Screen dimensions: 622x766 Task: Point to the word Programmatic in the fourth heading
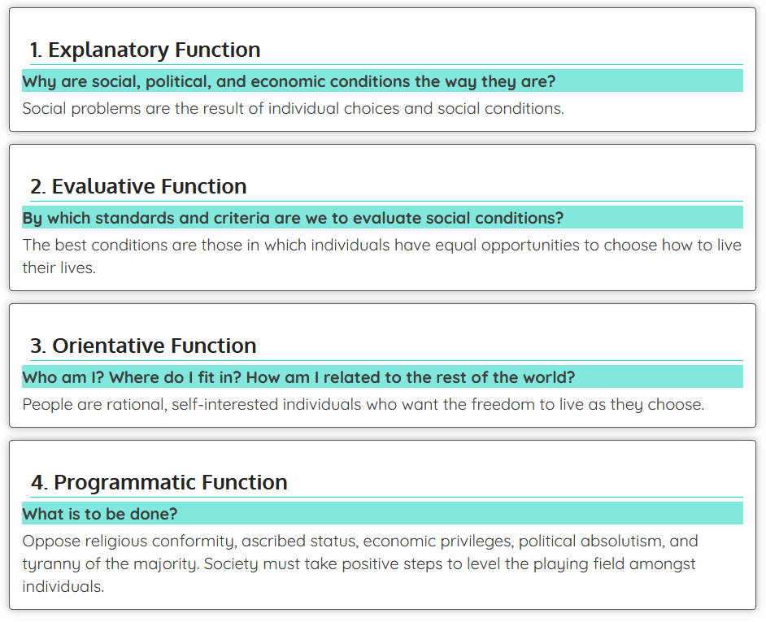coord(114,482)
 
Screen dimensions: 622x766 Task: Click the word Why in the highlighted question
coord(37,81)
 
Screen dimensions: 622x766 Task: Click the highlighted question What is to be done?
coord(99,514)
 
